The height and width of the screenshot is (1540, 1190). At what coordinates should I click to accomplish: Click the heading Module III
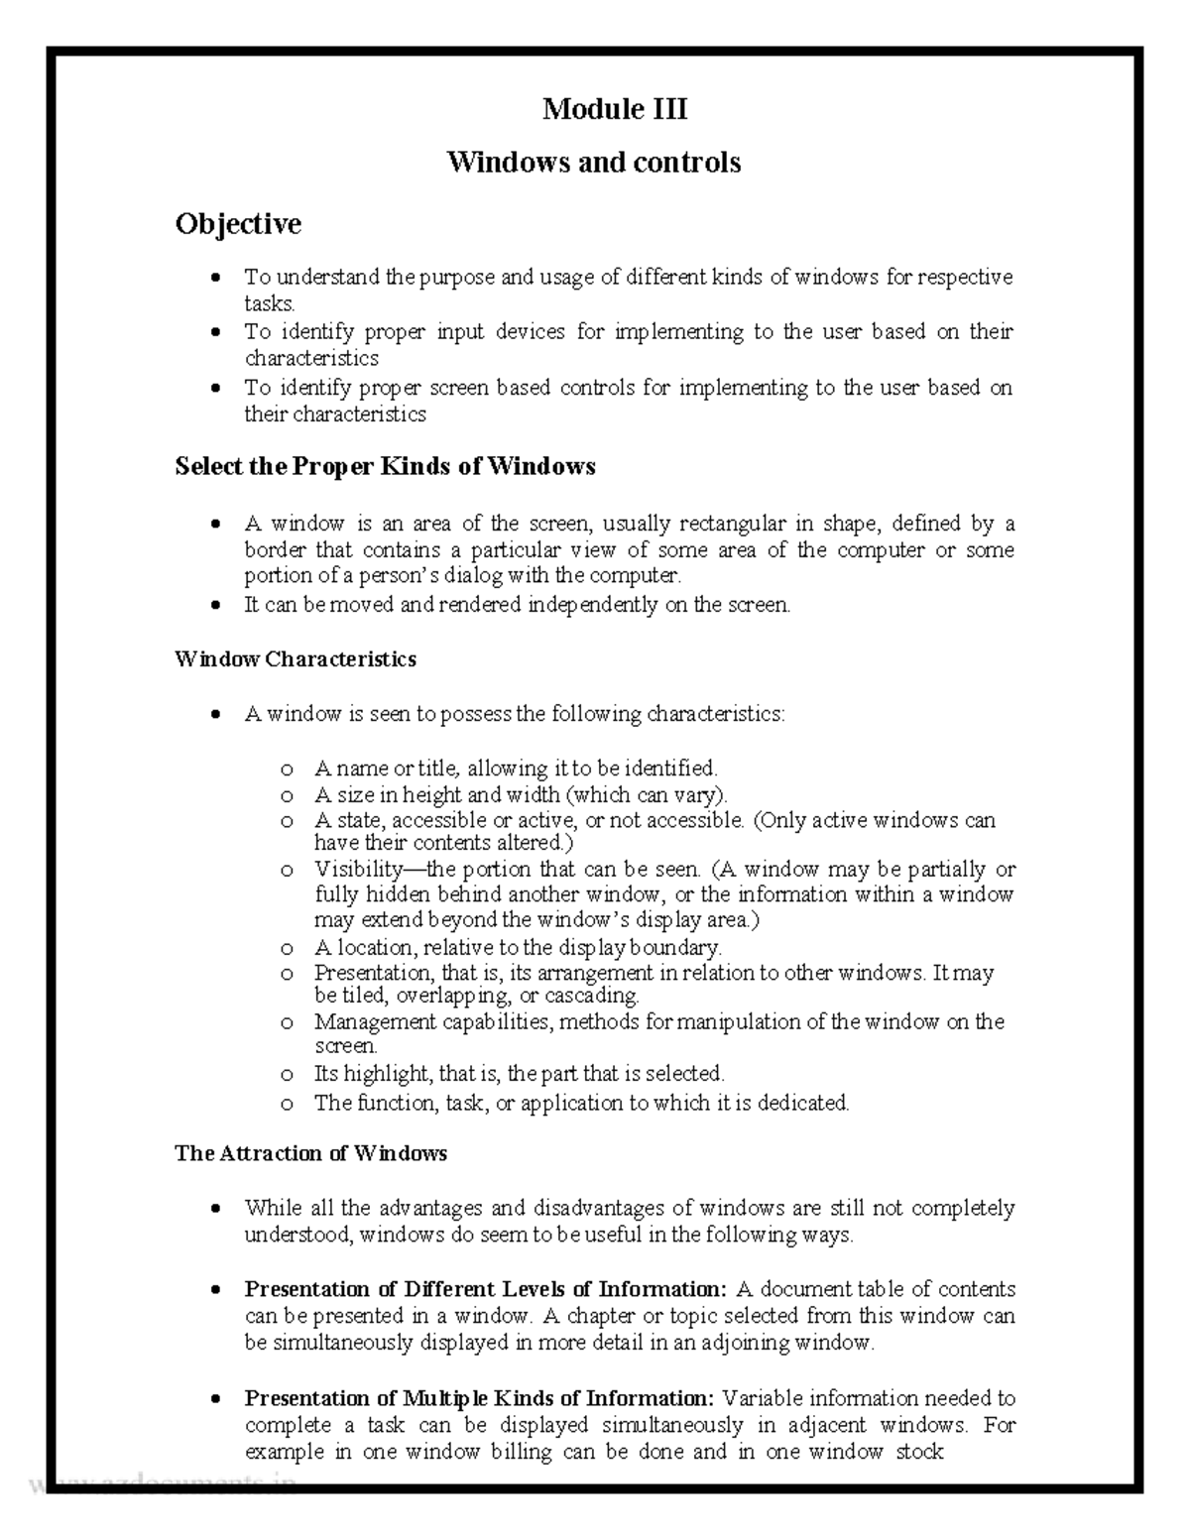click(x=614, y=108)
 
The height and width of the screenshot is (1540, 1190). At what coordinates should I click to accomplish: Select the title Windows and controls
click(x=594, y=162)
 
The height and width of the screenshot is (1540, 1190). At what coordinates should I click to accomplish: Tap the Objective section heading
click(x=238, y=224)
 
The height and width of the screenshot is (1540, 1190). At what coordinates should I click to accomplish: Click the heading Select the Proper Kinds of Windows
click(x=385, y=466)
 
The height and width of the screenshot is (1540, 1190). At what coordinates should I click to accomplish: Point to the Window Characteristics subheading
click(x=296, y=658)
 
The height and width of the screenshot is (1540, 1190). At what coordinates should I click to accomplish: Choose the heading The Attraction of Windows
click(x=310, y=1153)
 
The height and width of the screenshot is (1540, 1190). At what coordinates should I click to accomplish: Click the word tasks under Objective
click(x=269, y=303)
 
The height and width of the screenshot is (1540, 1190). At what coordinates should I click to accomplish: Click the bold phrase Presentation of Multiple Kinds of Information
click(x=479, y=1398)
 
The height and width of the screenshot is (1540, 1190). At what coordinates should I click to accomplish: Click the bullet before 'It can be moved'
click(x=215, y=605)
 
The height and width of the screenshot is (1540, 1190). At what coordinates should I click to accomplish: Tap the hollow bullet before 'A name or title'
click(x=287, y=770)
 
